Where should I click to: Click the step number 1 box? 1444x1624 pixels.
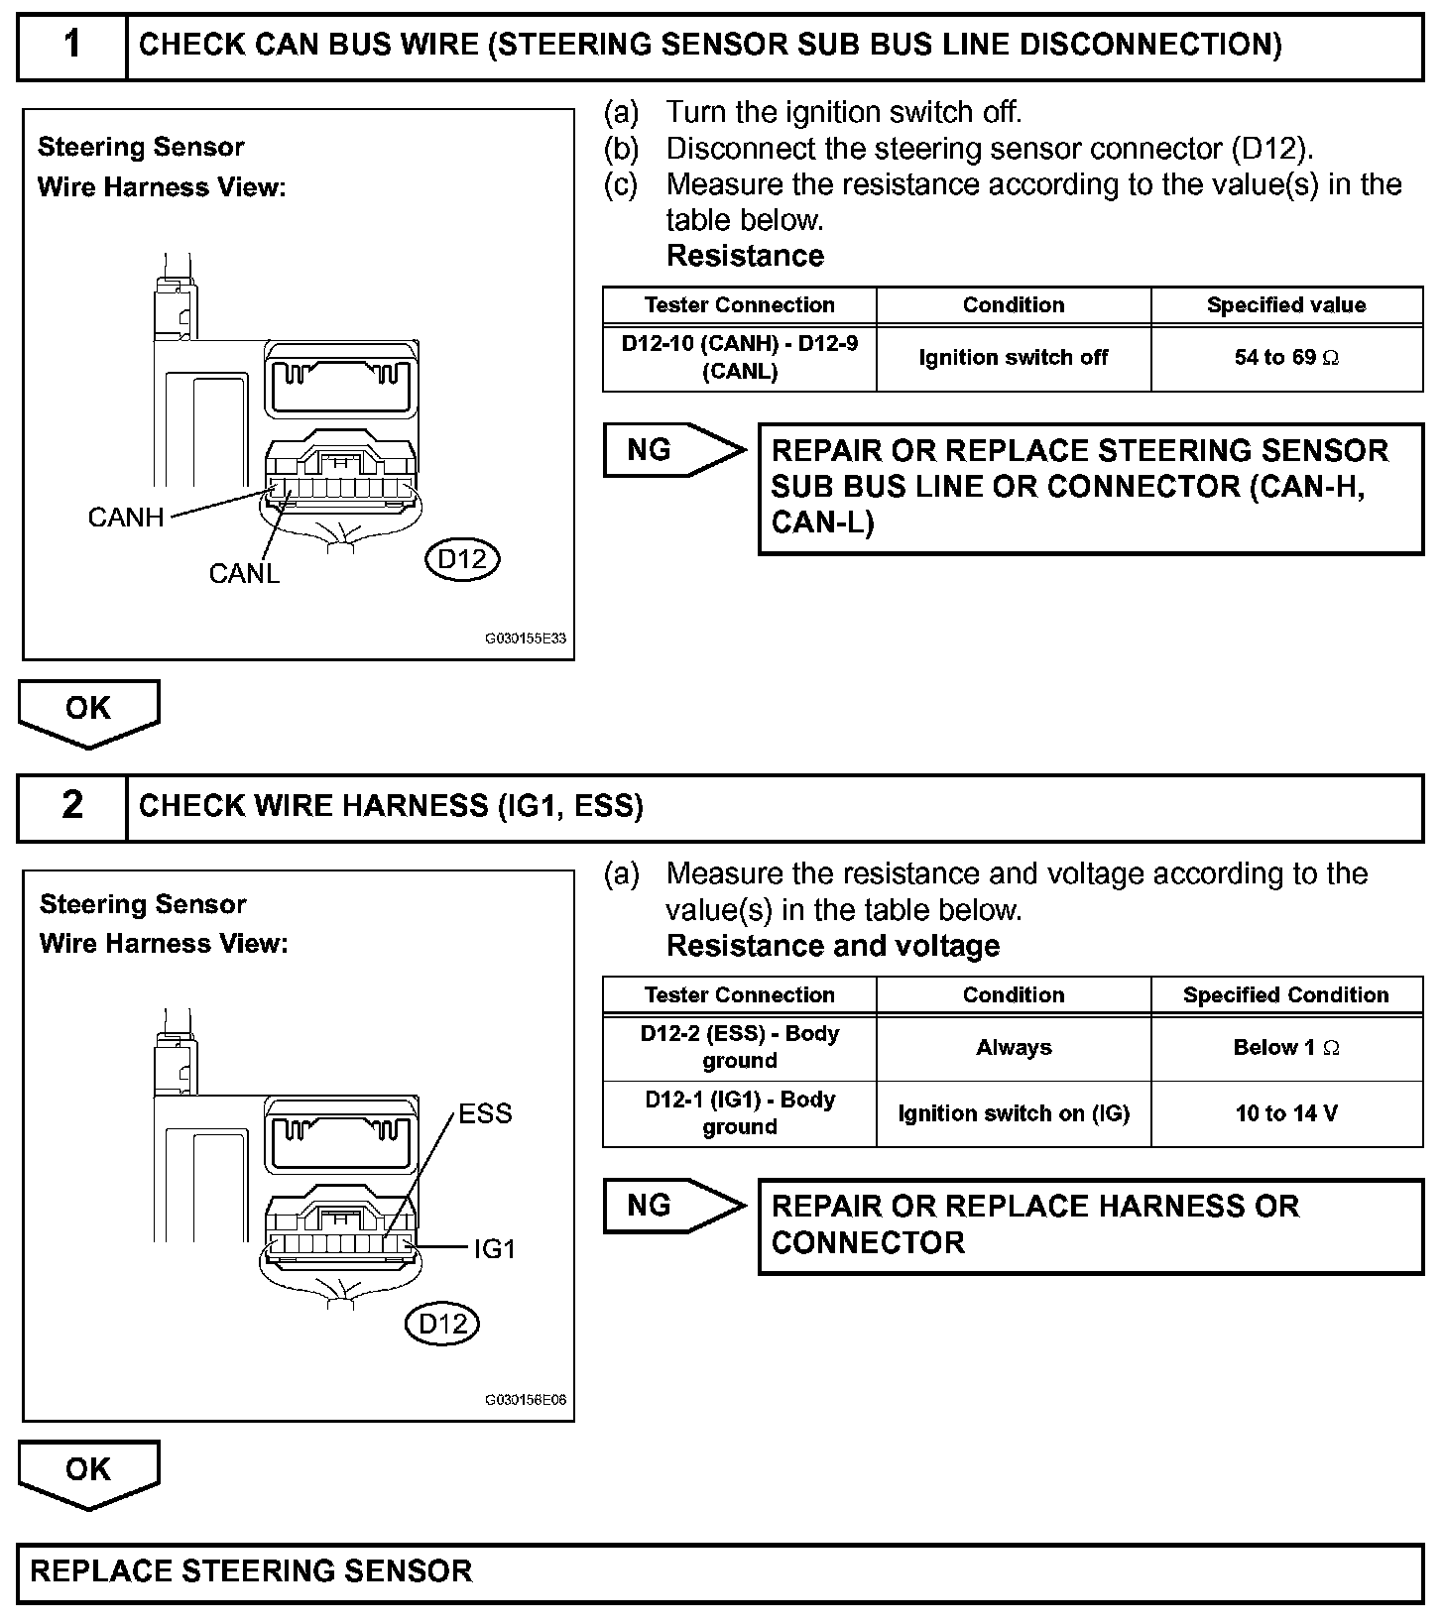[x=72, y=46]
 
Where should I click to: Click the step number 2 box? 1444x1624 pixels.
[x=72, y=807]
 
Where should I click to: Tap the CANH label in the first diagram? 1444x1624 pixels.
[x=126, y=518]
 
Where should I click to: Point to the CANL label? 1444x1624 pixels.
[x=244, y=574]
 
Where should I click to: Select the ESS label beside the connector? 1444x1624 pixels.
[x=485, y=1114]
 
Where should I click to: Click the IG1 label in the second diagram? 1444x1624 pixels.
[x=495, y=1249]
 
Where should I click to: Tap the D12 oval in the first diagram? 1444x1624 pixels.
[x=462, y=560]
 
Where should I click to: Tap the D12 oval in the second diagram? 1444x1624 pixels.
[x=442, y=1324]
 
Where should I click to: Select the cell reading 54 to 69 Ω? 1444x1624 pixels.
[x=1286, y=358]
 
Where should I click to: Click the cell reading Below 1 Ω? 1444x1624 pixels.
[x=1286, y=1048]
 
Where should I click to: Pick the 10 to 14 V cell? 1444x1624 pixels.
[x=1286, y=1114]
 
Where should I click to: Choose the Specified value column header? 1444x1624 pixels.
[x=1286, y=305]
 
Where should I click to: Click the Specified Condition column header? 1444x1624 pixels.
[x=1286, y=995]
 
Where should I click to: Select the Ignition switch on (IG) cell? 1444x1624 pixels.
[x=1014, y=1114]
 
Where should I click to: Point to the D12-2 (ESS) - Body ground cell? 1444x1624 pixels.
[x=740, y=1048]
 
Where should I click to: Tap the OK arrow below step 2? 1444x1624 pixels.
[x=88, y=1474]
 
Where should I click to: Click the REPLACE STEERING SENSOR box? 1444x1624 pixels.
[x=720, y=1572]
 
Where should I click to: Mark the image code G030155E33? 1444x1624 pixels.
[x=526, y=639]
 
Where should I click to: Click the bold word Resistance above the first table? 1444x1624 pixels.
[x=745, y=256]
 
